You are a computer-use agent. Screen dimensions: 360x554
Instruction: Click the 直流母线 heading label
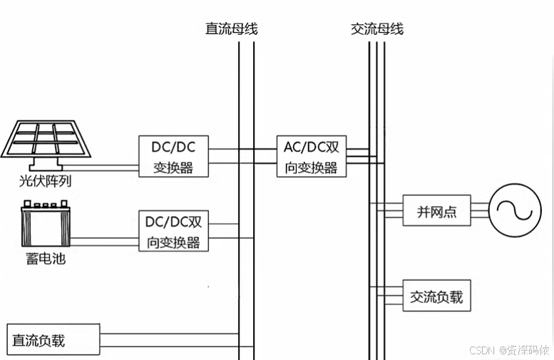(231, 29)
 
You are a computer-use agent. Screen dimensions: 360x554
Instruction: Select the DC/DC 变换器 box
(173, 158)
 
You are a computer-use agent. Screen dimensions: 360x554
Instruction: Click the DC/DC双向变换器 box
(173, 230)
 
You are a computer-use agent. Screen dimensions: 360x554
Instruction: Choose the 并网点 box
(436, 212)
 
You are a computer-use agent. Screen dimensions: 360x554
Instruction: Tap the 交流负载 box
(436, 297)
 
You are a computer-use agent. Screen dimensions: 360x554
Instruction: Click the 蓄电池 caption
(45, 259)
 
